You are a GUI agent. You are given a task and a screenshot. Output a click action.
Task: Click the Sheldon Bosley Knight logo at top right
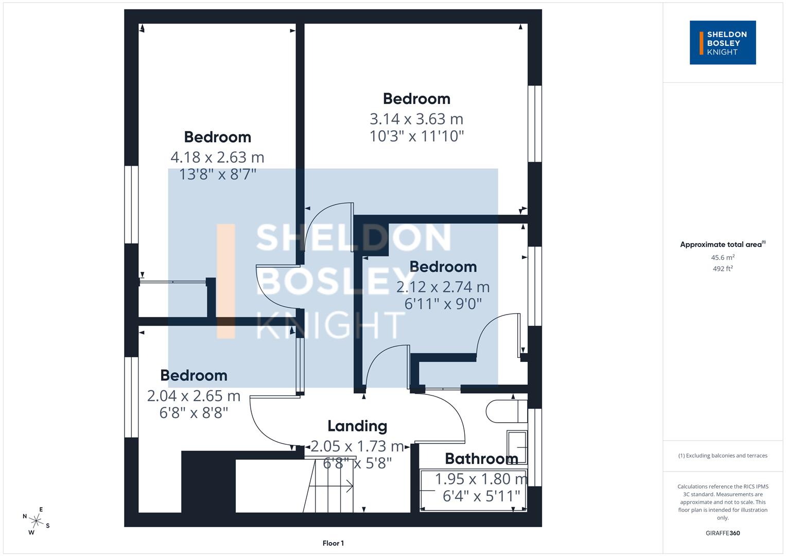(x=722, y=43)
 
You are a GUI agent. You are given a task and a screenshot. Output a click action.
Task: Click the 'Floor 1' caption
(x=333, y=543)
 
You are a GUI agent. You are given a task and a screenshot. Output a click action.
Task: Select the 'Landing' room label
(x=357, y=426)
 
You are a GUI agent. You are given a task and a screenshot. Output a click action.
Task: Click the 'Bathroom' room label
(x=481, y=458)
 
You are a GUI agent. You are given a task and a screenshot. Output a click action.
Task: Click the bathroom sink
(x=517, y=447)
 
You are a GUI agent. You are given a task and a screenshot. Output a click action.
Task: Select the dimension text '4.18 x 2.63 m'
(x=217, y=157)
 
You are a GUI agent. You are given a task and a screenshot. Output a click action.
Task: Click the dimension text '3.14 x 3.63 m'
(x=416, y=119)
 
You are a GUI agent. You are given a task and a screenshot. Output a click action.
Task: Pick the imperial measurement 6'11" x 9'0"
(x=443, y=304)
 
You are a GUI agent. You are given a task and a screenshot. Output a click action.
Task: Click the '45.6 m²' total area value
(x=722, y=257)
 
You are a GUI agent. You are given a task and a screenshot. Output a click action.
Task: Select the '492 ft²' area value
(x=722, y=269)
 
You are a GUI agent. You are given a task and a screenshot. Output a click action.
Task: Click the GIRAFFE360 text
(x=722, y=533)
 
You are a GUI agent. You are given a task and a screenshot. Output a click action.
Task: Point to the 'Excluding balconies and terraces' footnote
(x=722, y=456)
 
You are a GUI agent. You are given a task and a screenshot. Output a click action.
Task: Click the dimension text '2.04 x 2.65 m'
(x=194, y=396)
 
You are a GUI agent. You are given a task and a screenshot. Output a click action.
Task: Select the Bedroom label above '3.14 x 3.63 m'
(x=416, y=98)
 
